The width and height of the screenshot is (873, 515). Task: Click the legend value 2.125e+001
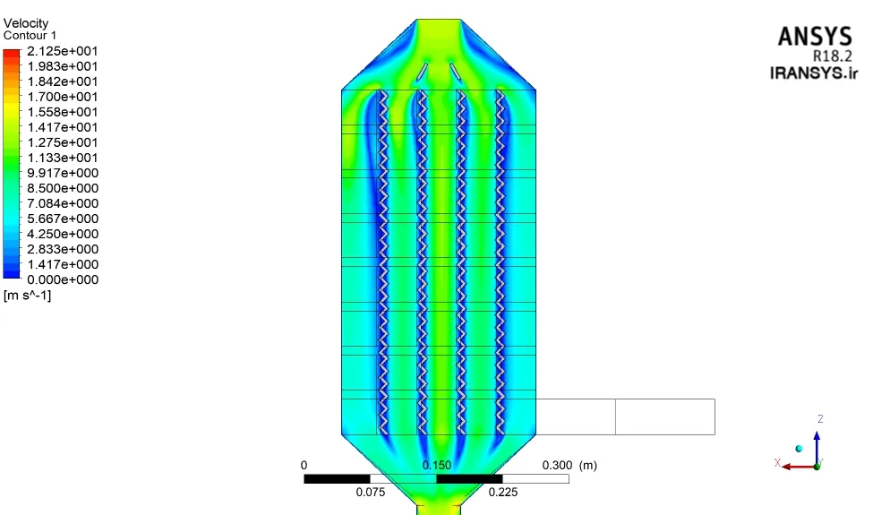[x=63, y=51]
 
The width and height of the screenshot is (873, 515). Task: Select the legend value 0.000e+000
[x=63, y=279]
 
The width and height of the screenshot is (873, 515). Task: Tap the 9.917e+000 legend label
[x=63, y=173]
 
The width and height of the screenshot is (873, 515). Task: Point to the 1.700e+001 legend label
[x=63, y=97]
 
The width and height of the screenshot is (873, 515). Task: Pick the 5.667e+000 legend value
[x=63, y=219]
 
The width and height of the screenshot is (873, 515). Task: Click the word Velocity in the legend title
[x=26, y=23]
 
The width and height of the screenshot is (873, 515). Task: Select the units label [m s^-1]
[x=27, y=295]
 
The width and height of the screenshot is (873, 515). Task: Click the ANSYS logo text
[x=815, y=37]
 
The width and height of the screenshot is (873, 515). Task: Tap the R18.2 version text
[x=833, y=56]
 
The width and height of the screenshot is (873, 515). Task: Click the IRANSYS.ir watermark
[x=814, y=73]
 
